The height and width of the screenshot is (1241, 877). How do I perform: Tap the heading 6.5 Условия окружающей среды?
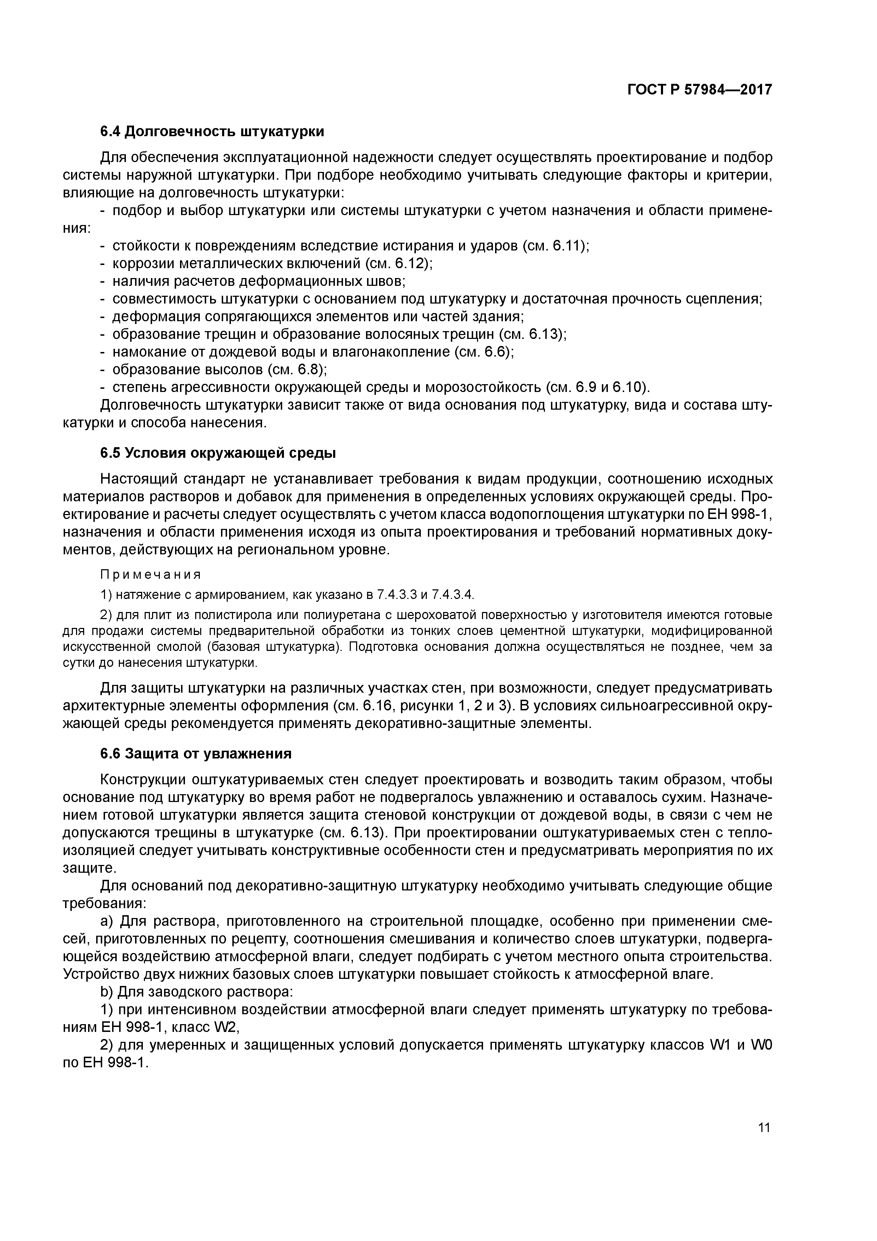tap(218, 453)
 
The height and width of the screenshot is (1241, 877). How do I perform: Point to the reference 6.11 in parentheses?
tap(565, 246)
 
